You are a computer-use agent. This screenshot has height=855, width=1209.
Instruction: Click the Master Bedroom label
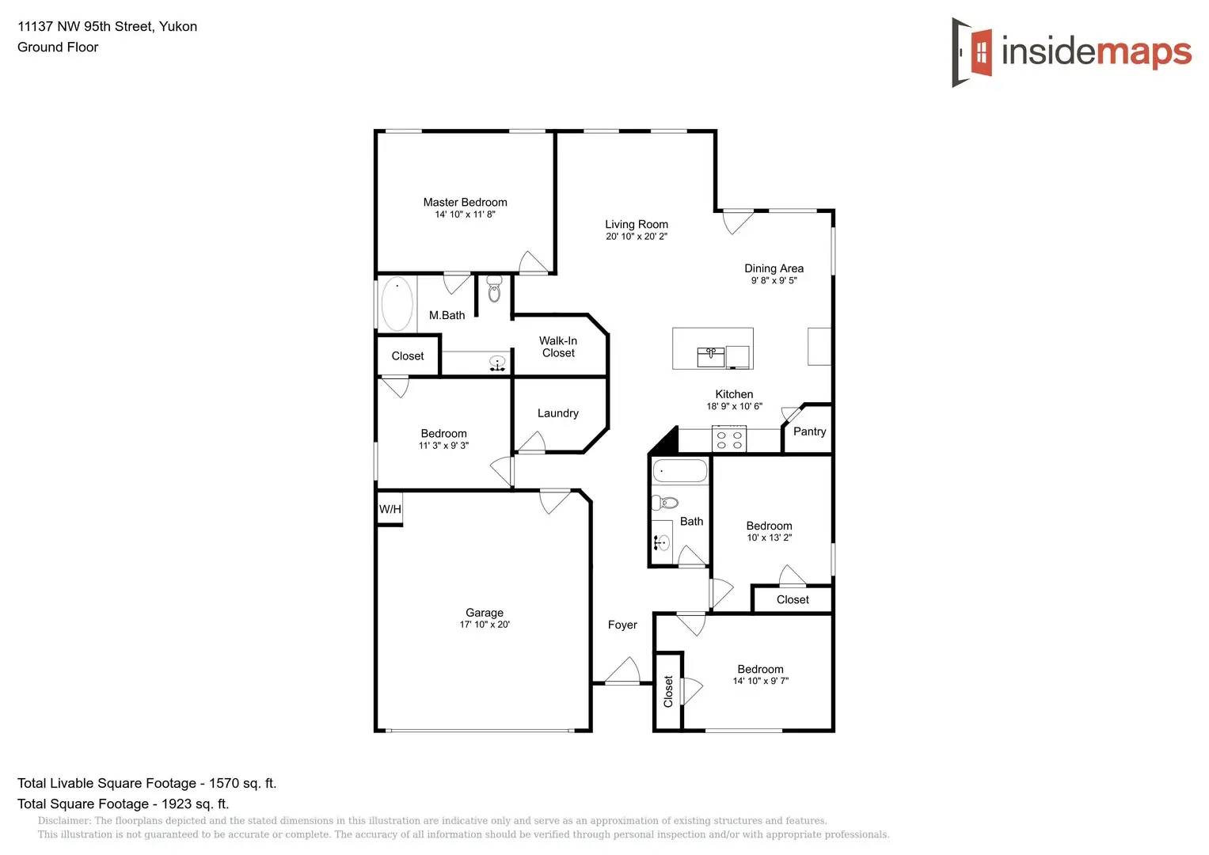[465, 203]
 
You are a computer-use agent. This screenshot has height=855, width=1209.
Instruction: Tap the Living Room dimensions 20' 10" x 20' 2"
[637, 237]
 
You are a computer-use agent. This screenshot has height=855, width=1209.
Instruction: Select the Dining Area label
[774, 268]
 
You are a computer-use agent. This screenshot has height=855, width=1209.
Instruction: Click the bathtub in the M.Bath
[397, 303]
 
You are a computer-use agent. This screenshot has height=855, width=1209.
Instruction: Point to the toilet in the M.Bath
[494, 289]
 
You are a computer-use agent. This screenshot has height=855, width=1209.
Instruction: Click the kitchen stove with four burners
[729, 440]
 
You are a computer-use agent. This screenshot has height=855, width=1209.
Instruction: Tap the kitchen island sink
[710, 356]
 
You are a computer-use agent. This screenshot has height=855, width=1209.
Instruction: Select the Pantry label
[809, 431]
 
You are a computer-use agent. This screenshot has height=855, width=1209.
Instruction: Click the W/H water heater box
[390, 509]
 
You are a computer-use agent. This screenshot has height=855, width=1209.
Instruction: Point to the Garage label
[485, 613]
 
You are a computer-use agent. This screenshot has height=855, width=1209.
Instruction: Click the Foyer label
[622, 625]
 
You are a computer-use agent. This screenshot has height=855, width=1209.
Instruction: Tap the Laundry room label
[558, 413]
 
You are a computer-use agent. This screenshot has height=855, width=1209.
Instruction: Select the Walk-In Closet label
[558, 347]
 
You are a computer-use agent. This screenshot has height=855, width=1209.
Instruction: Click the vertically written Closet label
[668, 691]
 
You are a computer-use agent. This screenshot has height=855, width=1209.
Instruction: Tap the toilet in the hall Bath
[665, 503]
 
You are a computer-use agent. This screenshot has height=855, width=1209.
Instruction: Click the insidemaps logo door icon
[973, 52]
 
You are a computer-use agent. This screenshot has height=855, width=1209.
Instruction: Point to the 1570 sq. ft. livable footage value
[242, 783]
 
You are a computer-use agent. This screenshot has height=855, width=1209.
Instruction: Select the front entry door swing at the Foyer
[625, 671]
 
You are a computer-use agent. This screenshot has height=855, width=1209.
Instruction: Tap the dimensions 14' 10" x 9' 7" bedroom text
[760, 681]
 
